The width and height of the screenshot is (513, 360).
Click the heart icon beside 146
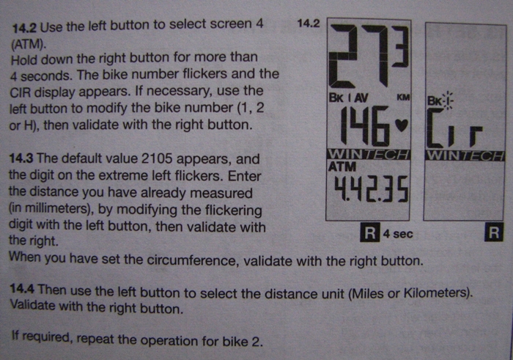(402, 125)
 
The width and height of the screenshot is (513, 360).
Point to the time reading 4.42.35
(371, 189)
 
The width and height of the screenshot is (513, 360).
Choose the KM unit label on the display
(403, 98)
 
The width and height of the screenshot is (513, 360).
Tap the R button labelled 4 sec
(369, 232)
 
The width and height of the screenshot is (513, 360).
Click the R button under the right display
(494, 232)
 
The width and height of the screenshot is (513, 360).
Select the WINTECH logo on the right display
(464, 156)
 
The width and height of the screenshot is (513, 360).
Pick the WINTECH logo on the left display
(369, 155)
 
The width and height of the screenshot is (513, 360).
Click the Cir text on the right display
(454, 128)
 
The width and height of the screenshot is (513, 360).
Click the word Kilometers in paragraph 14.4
(438, 293)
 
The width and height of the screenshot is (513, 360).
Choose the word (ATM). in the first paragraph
(28, 44)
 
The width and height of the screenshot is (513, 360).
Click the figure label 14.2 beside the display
(309, 23)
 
